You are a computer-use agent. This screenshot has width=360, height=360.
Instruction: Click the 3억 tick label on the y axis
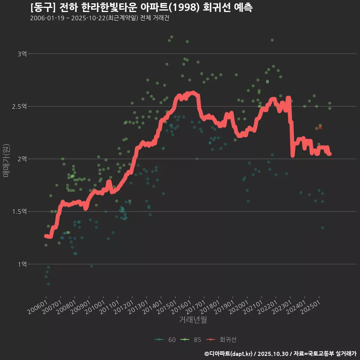[22, 54]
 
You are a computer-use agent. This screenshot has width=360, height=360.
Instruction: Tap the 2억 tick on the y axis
[22, 159]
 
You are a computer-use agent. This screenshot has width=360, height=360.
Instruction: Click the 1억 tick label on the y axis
[22, 264]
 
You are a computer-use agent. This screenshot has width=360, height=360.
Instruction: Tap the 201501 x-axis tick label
[167, 304]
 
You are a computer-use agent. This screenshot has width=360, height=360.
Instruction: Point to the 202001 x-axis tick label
[238, 304]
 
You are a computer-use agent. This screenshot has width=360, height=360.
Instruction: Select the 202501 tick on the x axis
[310, 304]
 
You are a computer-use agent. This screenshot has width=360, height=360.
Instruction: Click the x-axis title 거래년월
[193, 320]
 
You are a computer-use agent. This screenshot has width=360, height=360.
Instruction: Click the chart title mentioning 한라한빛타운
[141, 7]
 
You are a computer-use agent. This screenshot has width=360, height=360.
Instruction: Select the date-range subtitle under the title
[99, 18]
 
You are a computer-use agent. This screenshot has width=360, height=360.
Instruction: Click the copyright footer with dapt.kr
[280, 354]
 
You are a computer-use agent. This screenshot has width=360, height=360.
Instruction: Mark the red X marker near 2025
[320, 127]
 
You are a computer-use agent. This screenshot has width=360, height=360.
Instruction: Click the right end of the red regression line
[329, 154]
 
